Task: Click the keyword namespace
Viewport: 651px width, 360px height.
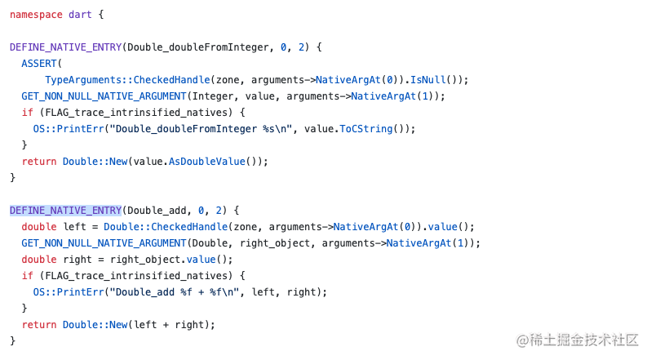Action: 36,15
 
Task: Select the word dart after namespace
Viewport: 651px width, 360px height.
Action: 80,15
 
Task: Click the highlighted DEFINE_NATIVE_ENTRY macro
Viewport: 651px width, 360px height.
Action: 65,211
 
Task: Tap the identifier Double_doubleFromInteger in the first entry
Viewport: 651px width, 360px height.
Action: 198,47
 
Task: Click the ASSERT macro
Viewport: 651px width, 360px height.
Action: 38,64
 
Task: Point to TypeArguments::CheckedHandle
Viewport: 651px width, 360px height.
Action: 127,80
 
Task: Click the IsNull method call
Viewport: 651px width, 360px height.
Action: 427,80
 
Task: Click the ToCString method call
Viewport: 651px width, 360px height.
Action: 365,129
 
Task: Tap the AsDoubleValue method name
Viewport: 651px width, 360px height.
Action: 206,162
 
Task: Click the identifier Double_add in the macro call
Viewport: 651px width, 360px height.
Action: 157,211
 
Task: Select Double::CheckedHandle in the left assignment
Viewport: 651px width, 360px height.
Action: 166,227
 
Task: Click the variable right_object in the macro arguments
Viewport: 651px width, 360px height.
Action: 274,243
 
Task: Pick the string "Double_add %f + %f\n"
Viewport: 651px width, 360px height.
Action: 175,292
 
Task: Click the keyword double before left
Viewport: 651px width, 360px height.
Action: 39,227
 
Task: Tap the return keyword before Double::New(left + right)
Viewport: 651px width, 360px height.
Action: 39,325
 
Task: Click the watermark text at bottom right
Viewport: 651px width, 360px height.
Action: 577,340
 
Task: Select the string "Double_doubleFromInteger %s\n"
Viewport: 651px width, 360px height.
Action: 201,129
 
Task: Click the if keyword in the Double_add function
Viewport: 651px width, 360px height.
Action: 28,276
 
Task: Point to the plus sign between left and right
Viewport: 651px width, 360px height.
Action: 166,325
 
